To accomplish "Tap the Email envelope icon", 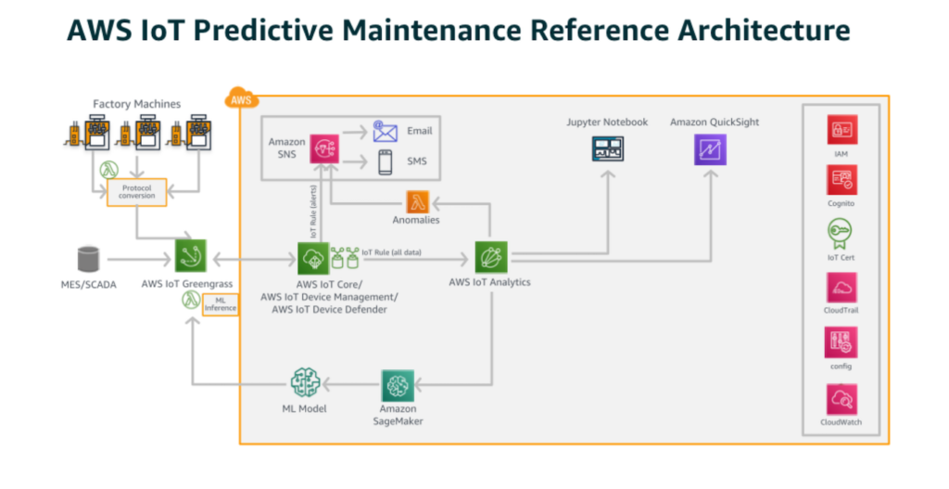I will click(x=385, y=131).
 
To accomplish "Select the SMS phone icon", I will click(x=385, y=162).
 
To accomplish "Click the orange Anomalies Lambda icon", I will click(x=418, y=201).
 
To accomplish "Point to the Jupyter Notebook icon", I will click(x=607, y=148).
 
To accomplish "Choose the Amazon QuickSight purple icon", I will click(x=710, y=148).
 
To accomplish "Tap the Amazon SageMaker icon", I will click(x=398, y=384).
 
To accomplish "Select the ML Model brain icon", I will click(x=305, y=383).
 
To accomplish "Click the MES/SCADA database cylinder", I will click(x=88, y=259).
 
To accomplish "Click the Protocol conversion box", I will click(x=137, y=192).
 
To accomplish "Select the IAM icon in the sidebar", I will click(x=841, y=129).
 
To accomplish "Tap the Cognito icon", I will click(x=841, y=179).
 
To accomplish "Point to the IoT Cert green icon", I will click(x=841, y=232).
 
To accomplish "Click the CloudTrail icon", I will click(x=841, y=287).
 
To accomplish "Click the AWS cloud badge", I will click(x=241, y=99).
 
